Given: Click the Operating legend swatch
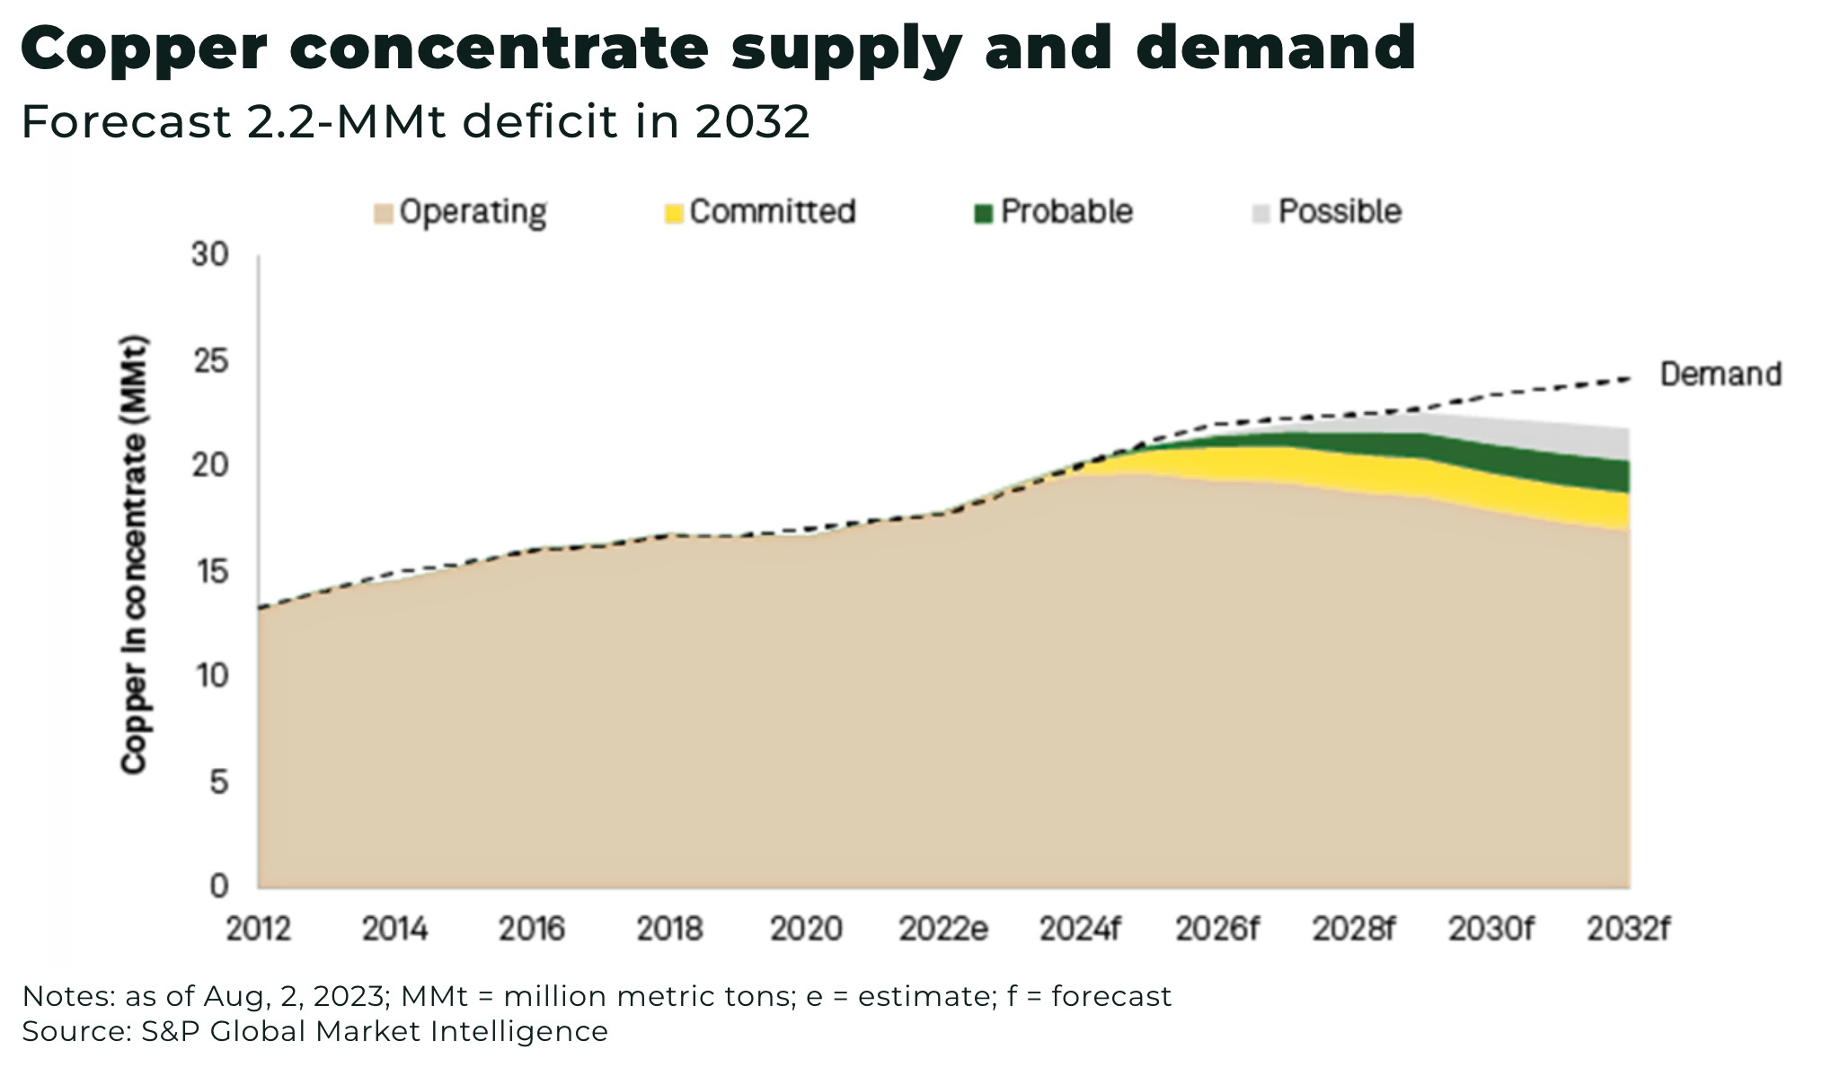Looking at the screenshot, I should pos(384,214).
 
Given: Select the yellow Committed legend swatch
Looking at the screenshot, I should pos(674,214).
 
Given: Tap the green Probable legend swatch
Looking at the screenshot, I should pos(984,214).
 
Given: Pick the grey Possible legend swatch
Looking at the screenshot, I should pos(1261,214).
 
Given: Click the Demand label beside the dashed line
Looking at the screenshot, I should pos(1720,374).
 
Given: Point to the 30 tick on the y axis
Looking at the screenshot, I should pos(209,255).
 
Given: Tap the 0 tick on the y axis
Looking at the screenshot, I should pos(218,886).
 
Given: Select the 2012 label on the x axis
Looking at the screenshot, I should pos(258,929).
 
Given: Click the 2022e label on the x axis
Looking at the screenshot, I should pos(943,929).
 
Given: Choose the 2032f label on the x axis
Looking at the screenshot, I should pos(1627,929).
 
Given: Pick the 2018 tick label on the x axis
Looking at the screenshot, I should pos(668,929).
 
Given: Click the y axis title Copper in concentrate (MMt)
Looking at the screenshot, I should pos(134,555).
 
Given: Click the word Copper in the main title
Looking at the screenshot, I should pos(144,49).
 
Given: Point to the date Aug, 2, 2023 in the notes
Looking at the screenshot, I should pos(296,997).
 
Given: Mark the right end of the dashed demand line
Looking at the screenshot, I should pos(1630,378).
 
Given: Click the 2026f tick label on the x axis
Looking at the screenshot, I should pos(1216,929).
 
